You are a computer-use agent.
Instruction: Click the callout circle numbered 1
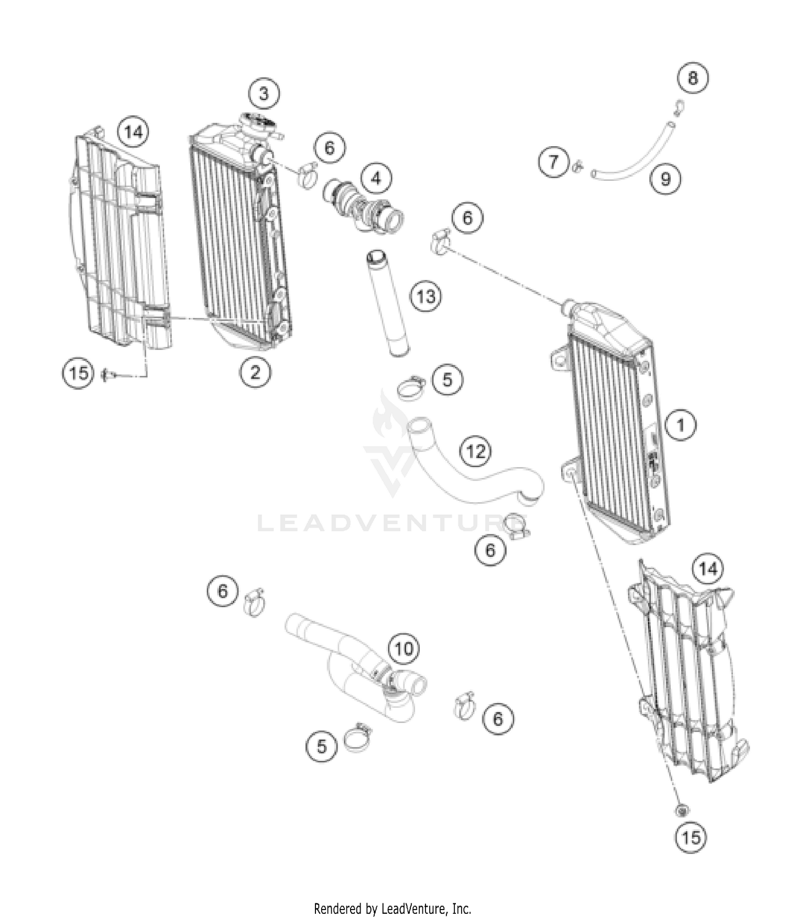click(681, 424)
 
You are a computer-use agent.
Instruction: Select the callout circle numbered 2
click(255, 372)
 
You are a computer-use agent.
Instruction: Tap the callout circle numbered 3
click(264, 94)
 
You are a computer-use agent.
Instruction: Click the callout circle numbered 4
click(376, 179)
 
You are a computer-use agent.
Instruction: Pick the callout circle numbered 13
click(425, 297)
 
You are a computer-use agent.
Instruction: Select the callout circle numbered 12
click(476, 451)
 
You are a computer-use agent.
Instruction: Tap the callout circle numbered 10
click(403, 649)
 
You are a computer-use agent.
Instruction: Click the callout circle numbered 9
click(665, 179)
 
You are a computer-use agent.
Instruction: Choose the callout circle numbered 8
click(693, 78)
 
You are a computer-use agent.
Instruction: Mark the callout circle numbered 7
click(554, 162)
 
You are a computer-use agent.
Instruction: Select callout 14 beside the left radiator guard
click(133, 132)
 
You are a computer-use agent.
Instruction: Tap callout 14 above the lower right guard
click(708, 568)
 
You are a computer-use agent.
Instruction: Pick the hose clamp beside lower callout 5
click(358, 738)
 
